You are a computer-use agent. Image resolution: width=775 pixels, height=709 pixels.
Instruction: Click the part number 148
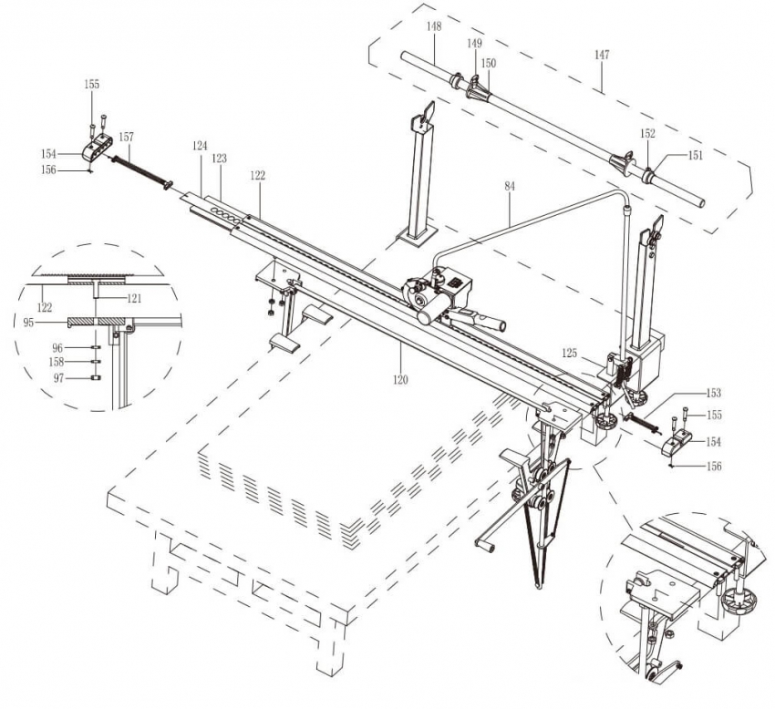[x=434, y=27]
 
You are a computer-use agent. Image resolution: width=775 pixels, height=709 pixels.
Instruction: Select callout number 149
[x=474, y=43]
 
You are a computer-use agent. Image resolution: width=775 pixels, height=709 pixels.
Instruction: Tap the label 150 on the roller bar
[x=489, y=63]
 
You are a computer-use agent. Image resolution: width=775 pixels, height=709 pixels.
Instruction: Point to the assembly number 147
[x=602, y=56]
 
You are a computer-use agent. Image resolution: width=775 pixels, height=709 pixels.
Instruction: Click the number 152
[x=646, y=133]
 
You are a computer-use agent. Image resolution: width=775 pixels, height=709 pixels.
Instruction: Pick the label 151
[x=695, y=155]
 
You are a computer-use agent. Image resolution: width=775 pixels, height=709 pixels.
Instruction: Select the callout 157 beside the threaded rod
[x=126, y=137]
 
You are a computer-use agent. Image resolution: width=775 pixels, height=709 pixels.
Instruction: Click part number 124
[x=201, y=145]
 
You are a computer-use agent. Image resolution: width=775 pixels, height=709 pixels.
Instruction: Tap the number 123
[x=219, y=158]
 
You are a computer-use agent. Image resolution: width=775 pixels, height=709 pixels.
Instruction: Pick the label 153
[x=713, y=394]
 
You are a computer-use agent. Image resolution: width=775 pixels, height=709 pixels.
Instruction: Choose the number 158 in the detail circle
[x=58, y=362]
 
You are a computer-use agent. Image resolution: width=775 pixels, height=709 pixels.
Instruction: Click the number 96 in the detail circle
[x=57, y=347]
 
